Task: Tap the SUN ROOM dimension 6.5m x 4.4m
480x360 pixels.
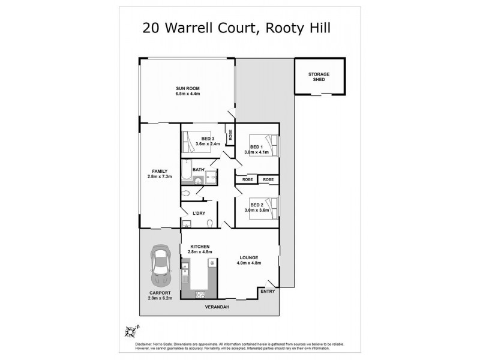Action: tap(187, 94)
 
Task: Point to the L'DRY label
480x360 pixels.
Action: tap(199, 213)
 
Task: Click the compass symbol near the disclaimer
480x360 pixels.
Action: tap(130, 330)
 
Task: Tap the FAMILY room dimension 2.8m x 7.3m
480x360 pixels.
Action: tap(160, 177)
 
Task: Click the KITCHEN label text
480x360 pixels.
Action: tap(199, 247)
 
